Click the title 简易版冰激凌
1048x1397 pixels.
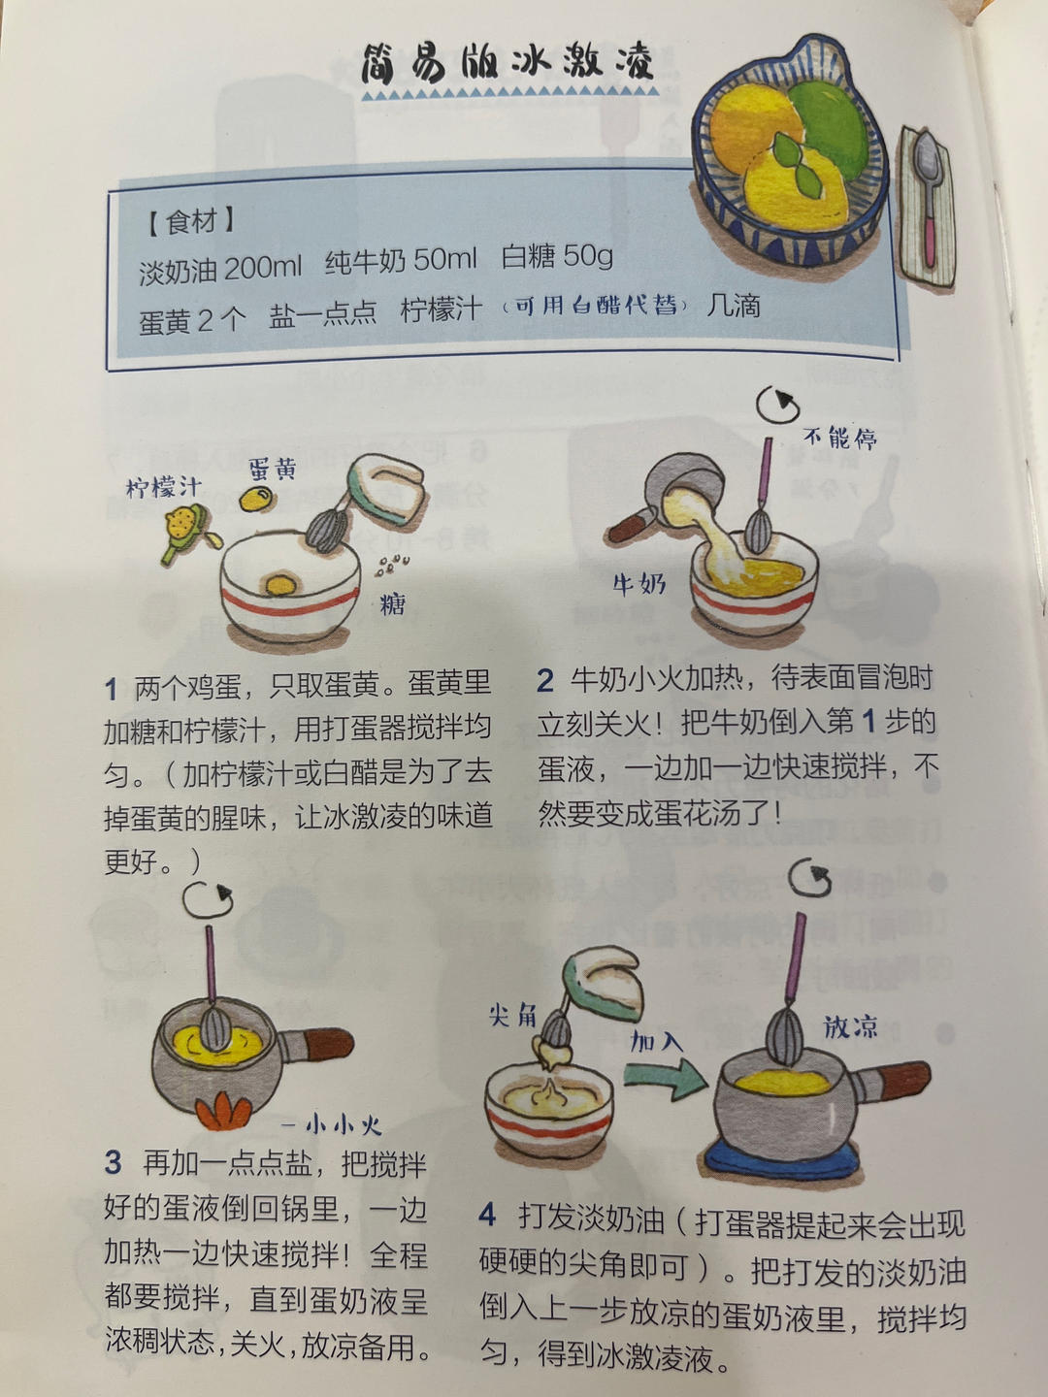[x=507, y=64]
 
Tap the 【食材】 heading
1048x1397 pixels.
[x=190, y=222]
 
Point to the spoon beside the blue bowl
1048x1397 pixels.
[x=927, y=194]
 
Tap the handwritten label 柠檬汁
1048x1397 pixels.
[x=163, y=486]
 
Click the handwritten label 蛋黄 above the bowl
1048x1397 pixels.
[x=273, y=470]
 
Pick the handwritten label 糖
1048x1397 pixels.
[x=393, y=604]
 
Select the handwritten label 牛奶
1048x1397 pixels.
[x=639, y=583]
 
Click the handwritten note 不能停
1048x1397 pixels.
[x=840, y=438]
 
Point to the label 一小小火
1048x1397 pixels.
[x=333, y=1125]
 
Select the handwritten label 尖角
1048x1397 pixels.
[x=513, y=1015]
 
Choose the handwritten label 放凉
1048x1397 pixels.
[x=850, y=1026]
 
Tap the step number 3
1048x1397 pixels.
[x=114, y=1161]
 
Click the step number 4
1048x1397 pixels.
[x=487, y=1214]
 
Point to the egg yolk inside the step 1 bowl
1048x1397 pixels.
[x=281, y=585]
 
